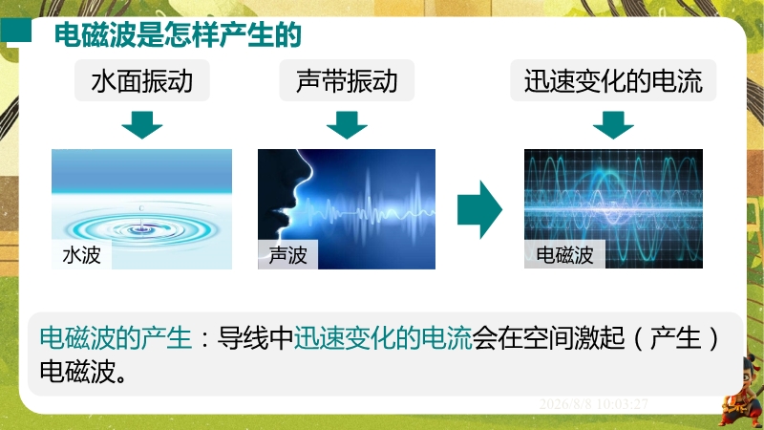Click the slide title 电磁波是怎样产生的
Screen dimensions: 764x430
pyautogui.click(x=178, y=34)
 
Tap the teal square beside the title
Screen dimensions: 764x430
pyautogui.click(x=16, y=31)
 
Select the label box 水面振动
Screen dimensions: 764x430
pyautogui.click(x=141, y=80)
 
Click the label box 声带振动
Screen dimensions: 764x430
pyautogui.click(x=347, y=80)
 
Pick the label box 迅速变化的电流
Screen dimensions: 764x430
pyautogui.click(x=613, y=80)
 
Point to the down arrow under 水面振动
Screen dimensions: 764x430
pyautogui.click(x=141, y=125)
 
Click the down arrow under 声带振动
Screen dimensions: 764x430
pyautogui.click(x=347, y=125)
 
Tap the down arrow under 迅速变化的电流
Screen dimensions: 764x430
pyautogui.click(x=613, y=125)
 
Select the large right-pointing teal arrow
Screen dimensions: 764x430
pyautogui.click(x=479, y=209)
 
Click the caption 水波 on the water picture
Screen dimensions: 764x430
pyautogui.click(x=81, y=254)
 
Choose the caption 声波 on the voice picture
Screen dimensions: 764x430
pyautogui.click(x=287, y=254)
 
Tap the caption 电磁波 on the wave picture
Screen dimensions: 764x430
pyautogui.click(x=564, y=254)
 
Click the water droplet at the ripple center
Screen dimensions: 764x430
pyautogui.click(x=141, y=223)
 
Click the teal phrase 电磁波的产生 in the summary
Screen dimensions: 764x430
pyautogui.click(x=116, y=338)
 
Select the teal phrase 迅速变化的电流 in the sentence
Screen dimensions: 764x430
pyautogui.click(x=383, y=338)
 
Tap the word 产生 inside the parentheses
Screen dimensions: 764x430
pyautogui.click(x=676, y=338)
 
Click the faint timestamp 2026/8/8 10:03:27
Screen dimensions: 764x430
pyautogui.click(x=593, y=404)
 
